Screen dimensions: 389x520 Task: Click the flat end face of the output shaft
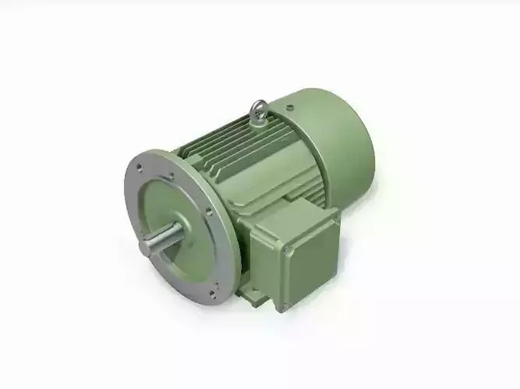click(x=146, y=248)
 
